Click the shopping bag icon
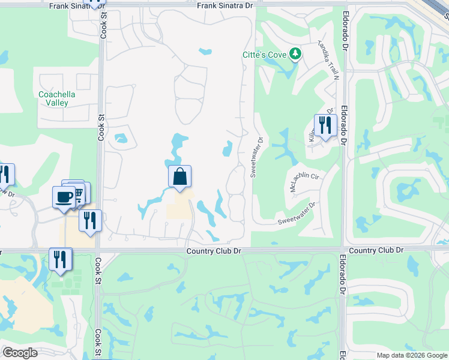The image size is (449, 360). click(x=179, y=177)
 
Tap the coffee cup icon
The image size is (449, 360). click(x=64, y=196)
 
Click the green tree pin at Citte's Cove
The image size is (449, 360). click(x=295, y=55)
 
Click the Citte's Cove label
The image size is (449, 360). click(x=264, y=55)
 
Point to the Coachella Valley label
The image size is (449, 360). click(x=53, y=98)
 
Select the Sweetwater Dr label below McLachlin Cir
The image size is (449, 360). click(x=296, y=221)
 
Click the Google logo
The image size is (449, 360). click(x=20, y=353)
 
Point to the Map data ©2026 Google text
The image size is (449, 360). click(x=411, y=355)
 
